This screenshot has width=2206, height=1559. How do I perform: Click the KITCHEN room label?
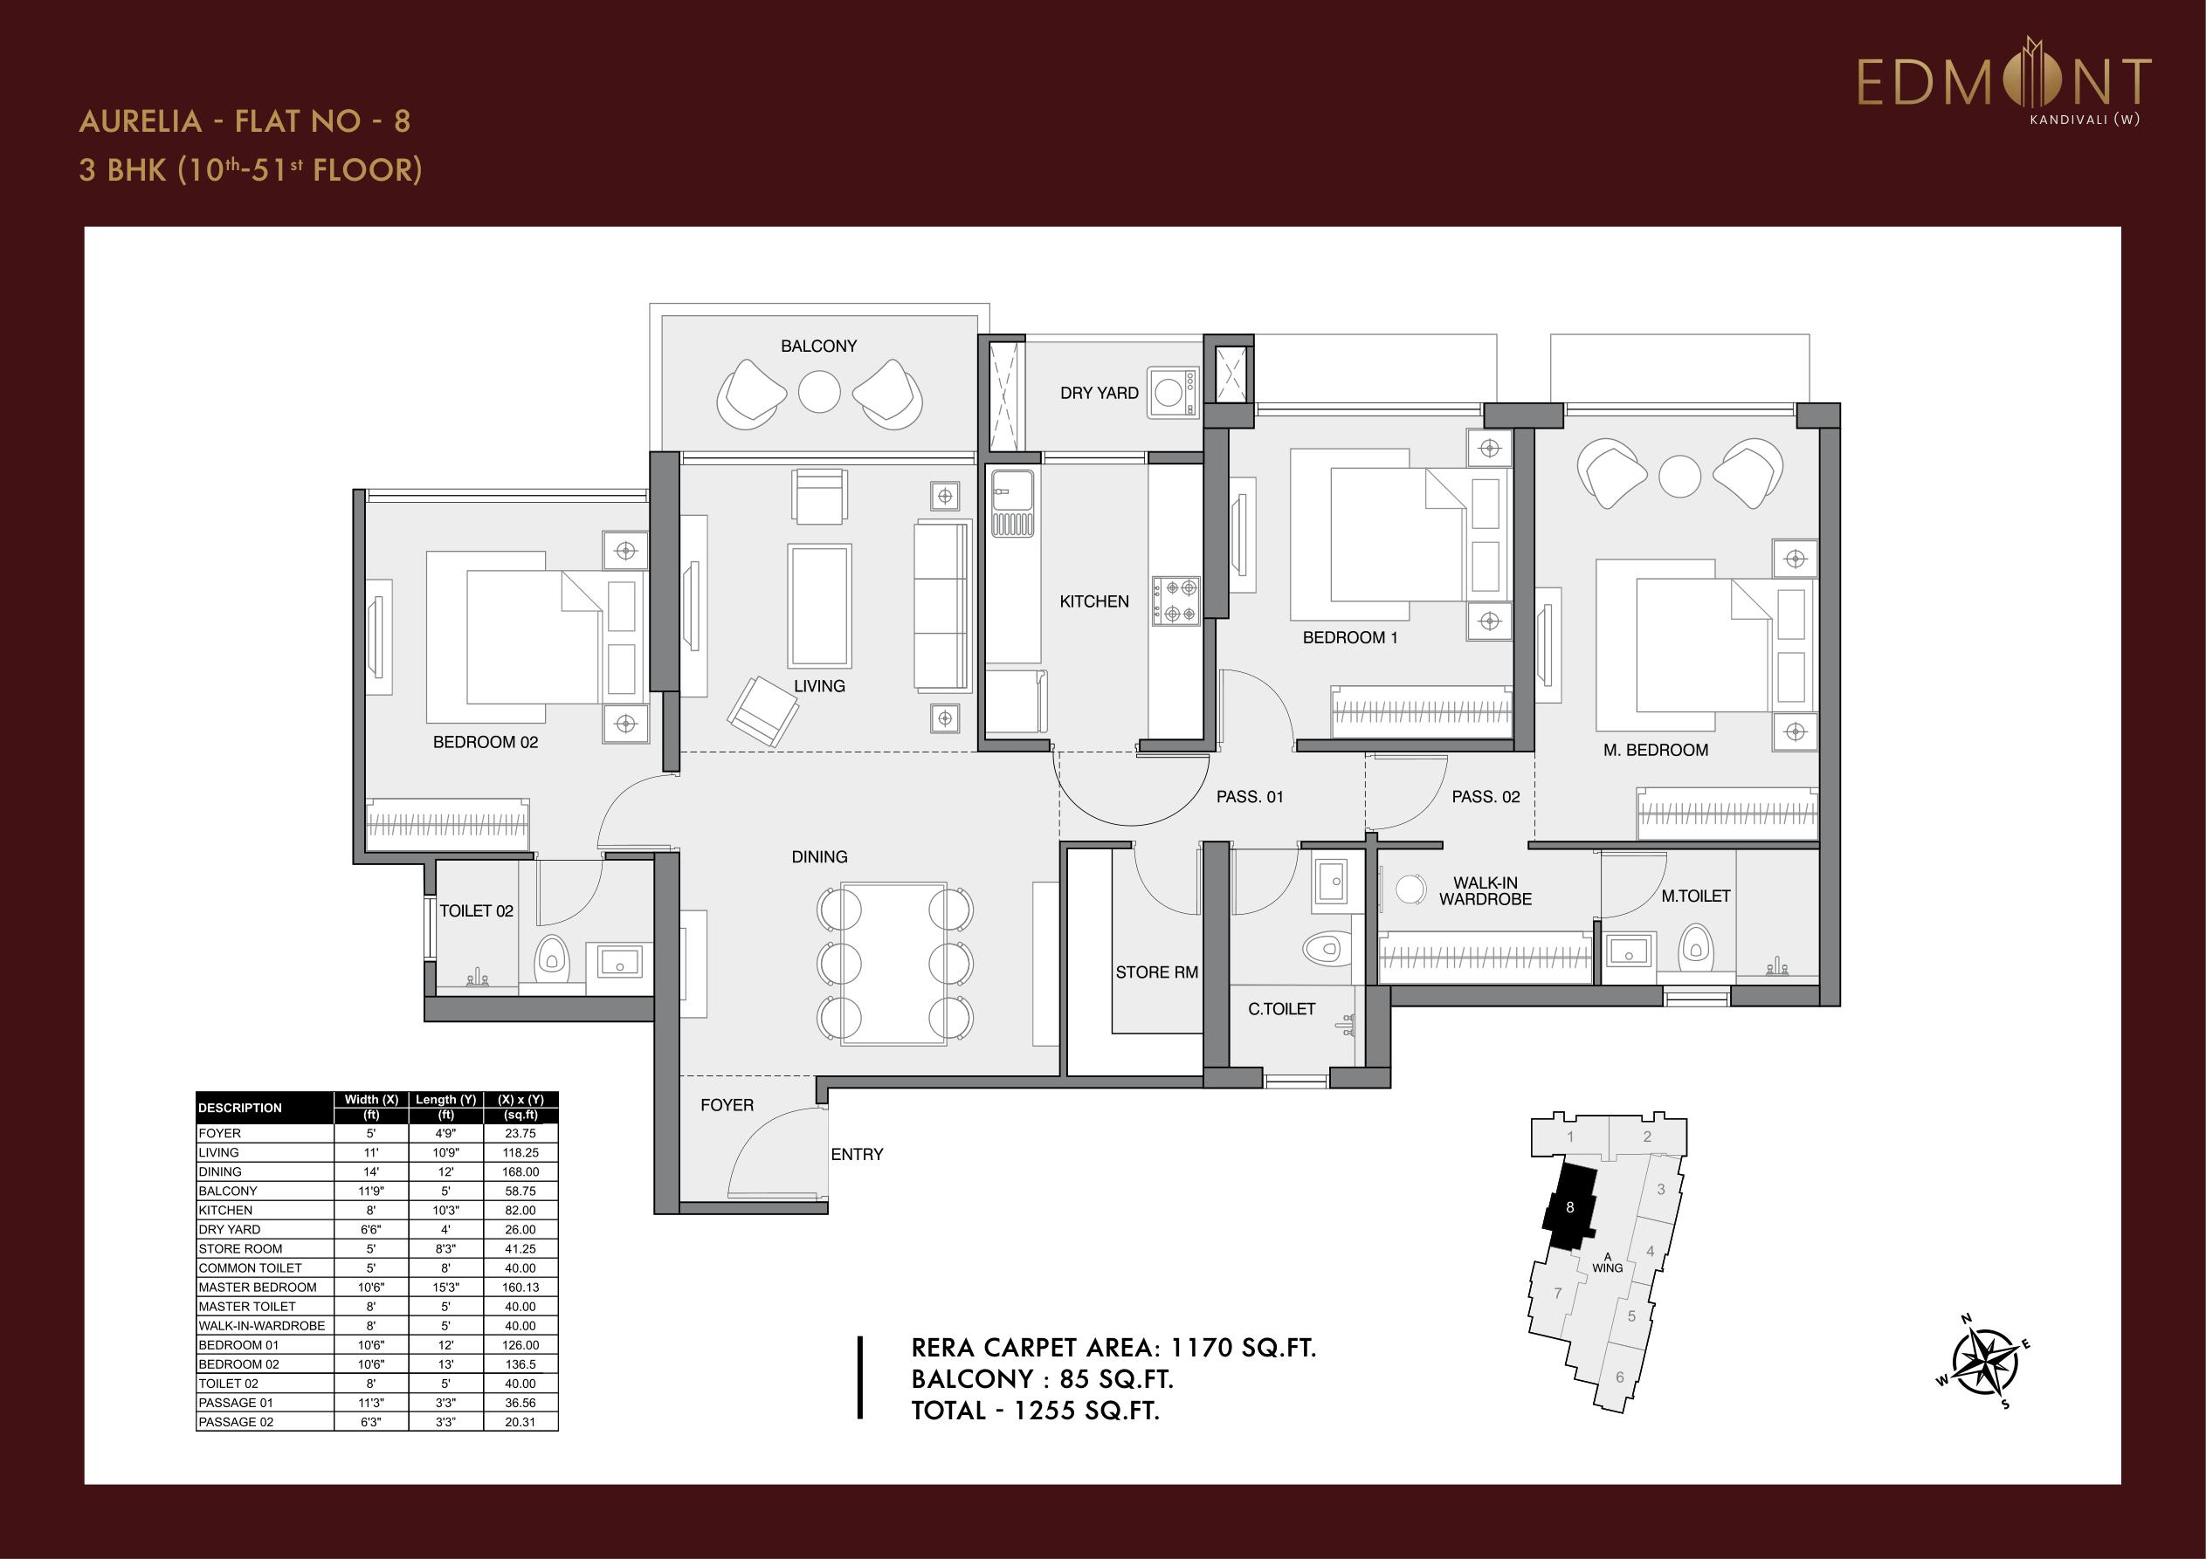(x=1094, y=601)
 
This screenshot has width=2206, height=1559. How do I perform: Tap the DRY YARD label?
(x=1100, y=393)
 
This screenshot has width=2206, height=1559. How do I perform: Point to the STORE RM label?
(x=1157, y=972)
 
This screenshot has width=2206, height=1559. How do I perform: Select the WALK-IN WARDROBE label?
(x=1486, y=891)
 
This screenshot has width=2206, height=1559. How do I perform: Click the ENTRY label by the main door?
(x=857, y=1155)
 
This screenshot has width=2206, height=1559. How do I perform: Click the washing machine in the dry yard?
(x=1172, y=392)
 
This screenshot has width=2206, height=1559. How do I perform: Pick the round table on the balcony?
(x=819, y=392)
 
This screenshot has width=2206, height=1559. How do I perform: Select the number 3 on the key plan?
(x=1661, y=1190)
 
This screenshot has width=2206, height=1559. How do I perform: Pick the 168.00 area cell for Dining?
(x=520, y=1172)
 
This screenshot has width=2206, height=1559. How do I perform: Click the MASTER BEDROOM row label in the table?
(x=258, y=1288)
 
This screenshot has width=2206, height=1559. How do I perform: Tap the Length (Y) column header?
(x=445, y=1100)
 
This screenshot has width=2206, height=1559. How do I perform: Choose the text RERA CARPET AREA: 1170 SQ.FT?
(x=1113, y=1348)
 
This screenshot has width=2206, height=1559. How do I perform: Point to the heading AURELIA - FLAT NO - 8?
(x=245, y=121)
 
